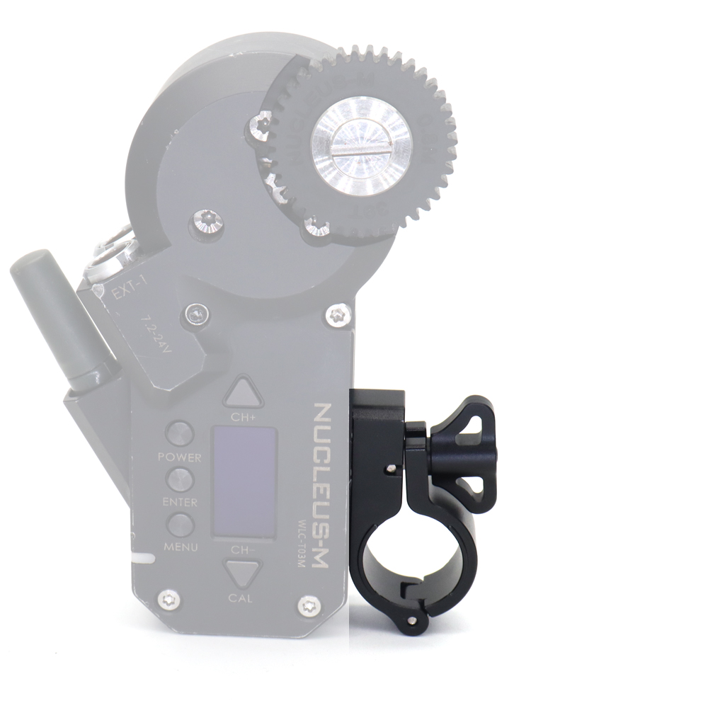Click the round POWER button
pos(180,434)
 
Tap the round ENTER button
pos(180,480)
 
